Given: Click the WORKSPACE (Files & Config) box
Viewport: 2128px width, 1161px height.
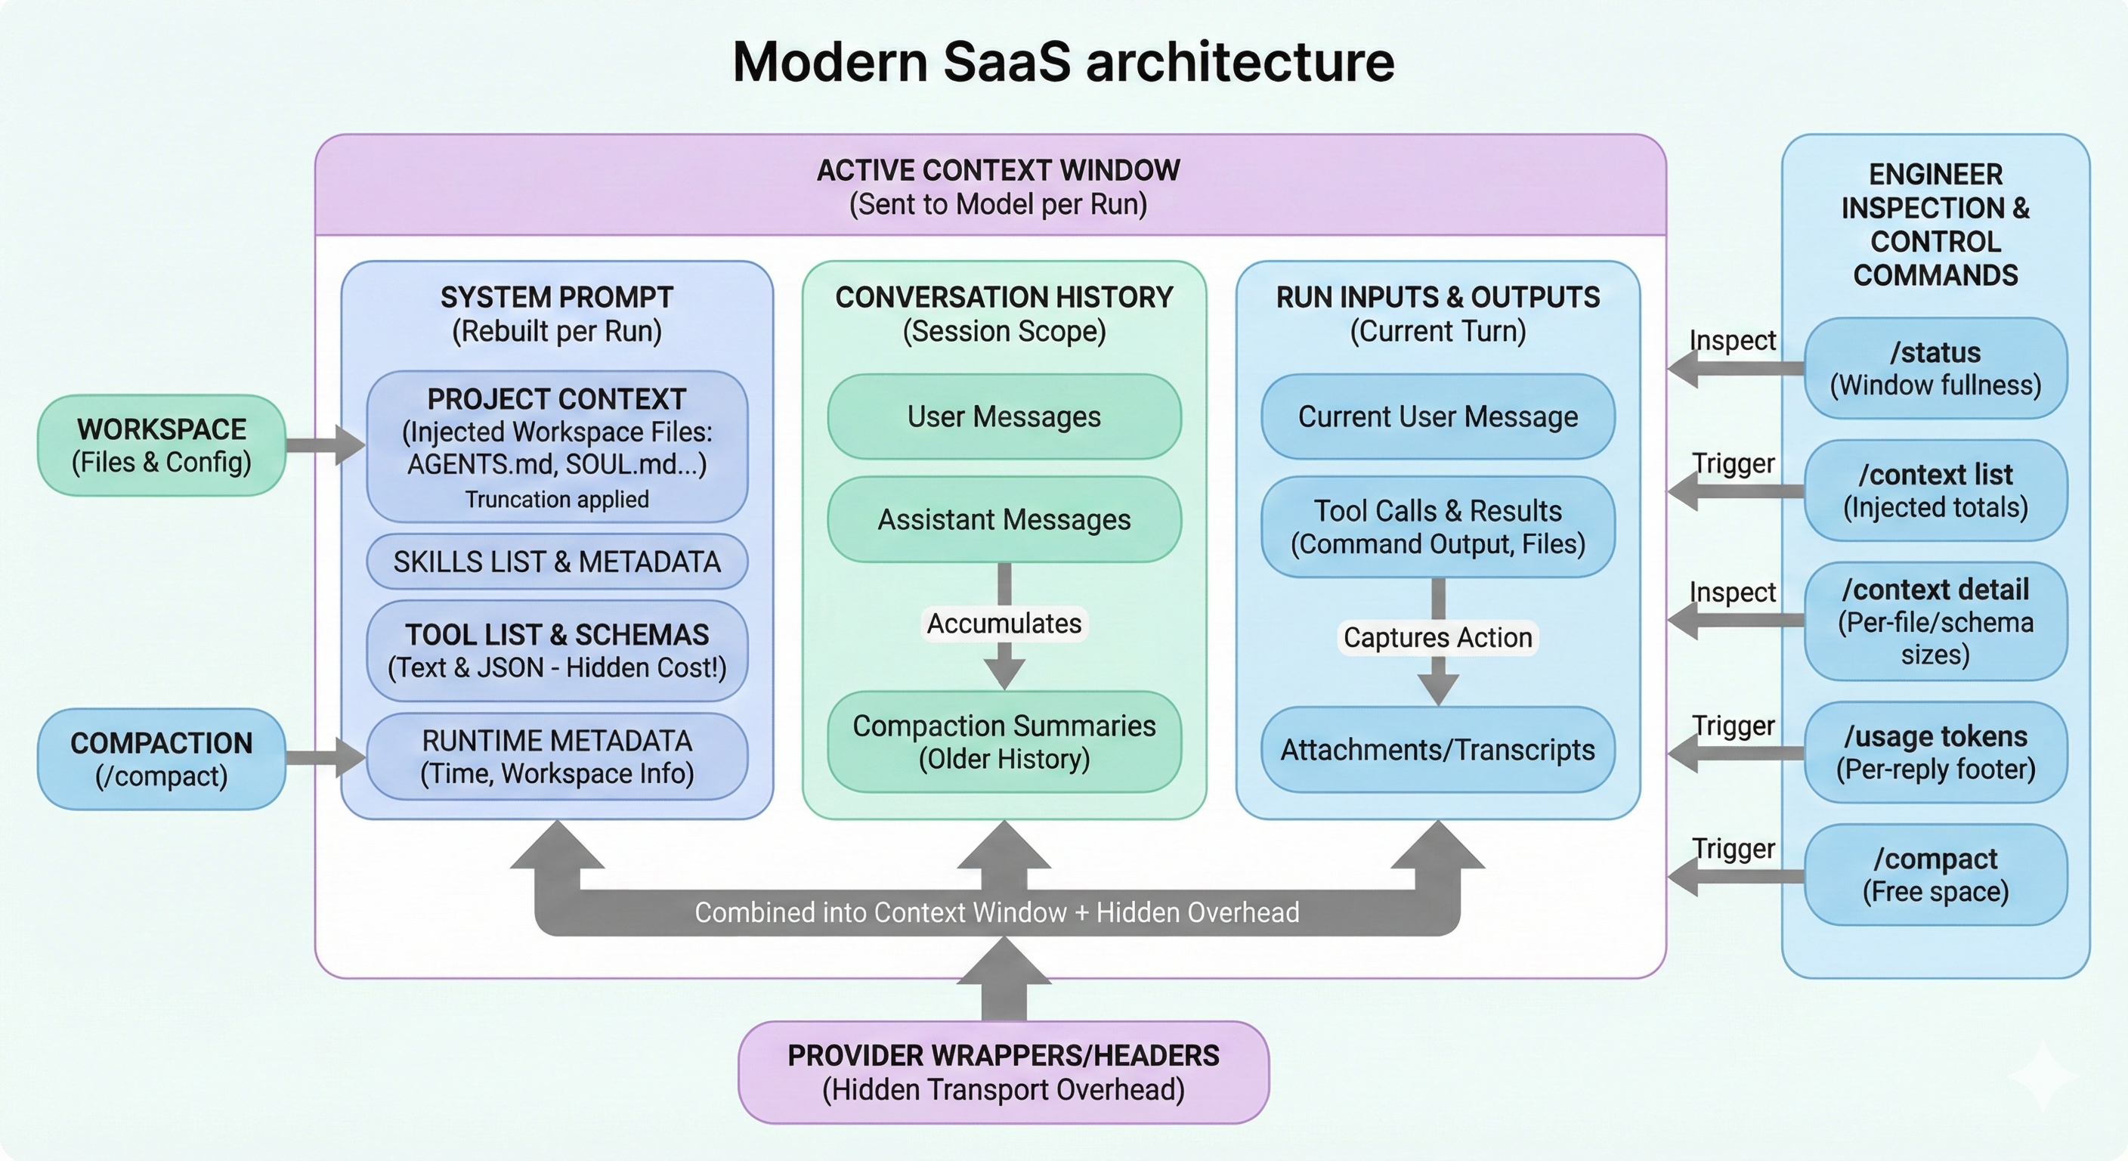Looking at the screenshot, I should click(161, 445).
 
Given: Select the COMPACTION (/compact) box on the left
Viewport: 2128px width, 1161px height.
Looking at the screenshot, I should click(161, 759).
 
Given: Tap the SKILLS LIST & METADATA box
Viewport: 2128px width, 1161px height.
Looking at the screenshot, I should click(557, 562).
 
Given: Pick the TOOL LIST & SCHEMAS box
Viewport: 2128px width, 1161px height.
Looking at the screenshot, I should click(557, 650).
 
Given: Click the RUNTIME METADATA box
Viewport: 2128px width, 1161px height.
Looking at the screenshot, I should click(557, 756).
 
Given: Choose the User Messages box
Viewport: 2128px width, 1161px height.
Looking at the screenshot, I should click(1004, 416).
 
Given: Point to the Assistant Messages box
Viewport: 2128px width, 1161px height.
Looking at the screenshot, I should click(1004, 520).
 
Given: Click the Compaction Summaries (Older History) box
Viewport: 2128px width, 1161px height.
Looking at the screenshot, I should click(1004, 741).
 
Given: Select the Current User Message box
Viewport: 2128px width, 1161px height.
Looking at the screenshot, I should click(1437, 416).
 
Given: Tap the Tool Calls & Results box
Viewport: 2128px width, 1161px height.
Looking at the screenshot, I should click(1437, 526).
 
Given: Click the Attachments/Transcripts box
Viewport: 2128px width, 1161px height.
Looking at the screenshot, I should click(1437, 750).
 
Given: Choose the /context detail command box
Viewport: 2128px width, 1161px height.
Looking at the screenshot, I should click(1935, 621).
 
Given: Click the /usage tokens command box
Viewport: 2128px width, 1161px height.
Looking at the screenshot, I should click(1935, 752).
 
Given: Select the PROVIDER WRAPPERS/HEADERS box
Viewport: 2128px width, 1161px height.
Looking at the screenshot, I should click(1003, 1072).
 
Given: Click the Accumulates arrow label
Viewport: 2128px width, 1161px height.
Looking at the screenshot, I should click(1004, 623).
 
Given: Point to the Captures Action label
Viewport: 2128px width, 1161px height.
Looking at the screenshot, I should click(1437, 638).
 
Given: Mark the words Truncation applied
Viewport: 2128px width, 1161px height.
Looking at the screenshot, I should click(557, 499).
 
